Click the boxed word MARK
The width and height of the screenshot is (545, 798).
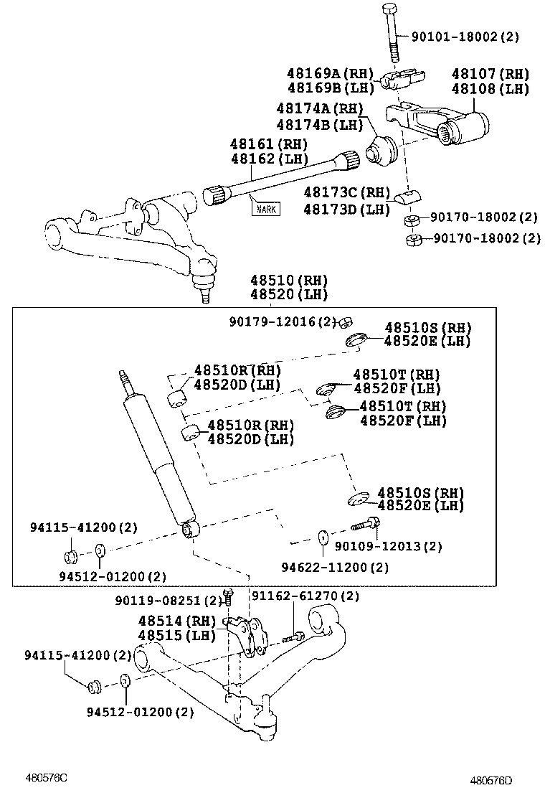[265, 209]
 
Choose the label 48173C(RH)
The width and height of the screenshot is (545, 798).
[346, 192]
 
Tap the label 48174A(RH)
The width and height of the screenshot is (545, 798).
[320, 108]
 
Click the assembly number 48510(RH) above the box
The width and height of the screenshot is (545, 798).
[288, 280]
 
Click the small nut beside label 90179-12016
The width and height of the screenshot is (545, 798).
[344, 321]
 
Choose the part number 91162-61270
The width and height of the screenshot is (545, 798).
[304, 596]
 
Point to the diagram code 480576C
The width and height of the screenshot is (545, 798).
[47, 777]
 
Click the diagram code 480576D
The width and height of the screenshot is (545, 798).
[496, 780]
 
